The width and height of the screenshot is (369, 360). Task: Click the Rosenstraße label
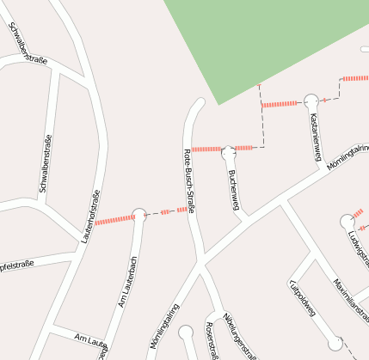[x=211, y=341]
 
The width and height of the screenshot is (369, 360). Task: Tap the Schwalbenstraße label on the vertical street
[x=46, y=163]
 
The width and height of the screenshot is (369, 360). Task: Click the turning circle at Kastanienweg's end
[x=311, y=101]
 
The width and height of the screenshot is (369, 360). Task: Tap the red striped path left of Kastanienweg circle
[x=279, y=104]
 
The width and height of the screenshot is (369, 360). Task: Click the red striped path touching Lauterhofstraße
[x=114, y=220]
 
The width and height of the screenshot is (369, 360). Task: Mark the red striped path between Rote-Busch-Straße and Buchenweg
[x=206, y=149]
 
